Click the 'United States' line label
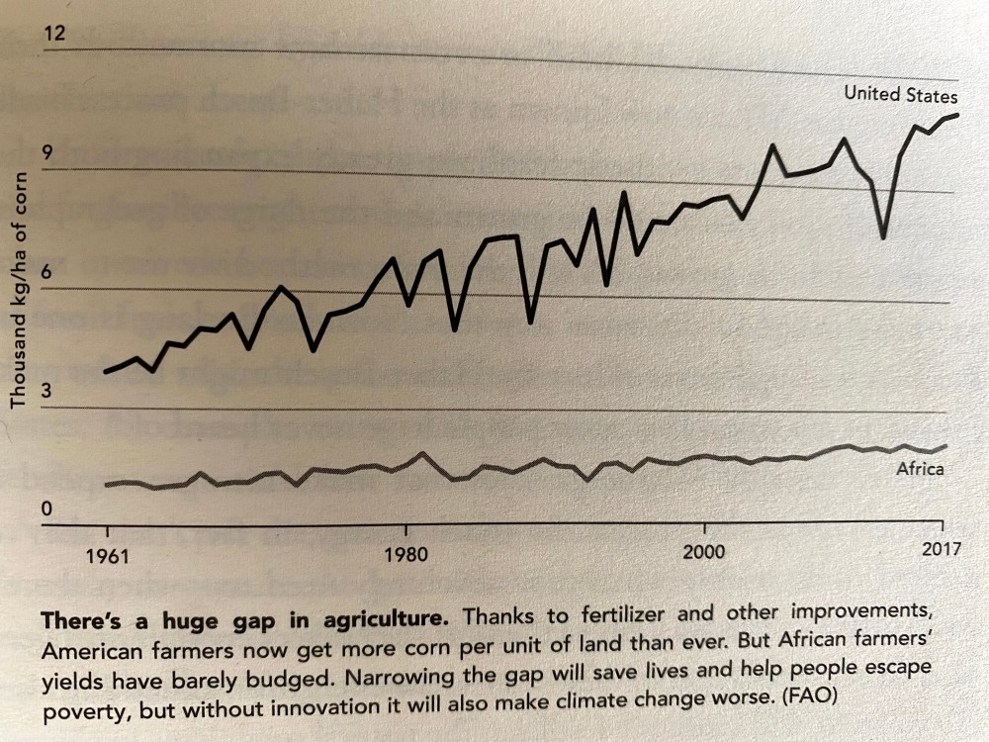[900, 95]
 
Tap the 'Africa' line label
[919, 469]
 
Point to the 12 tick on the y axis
[53, 35]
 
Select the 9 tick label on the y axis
[46, 154]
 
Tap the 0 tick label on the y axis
[45, 510]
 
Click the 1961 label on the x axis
[108, 555]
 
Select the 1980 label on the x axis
[405, 554]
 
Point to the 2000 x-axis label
[703, 550]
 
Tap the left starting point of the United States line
[105, 372]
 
